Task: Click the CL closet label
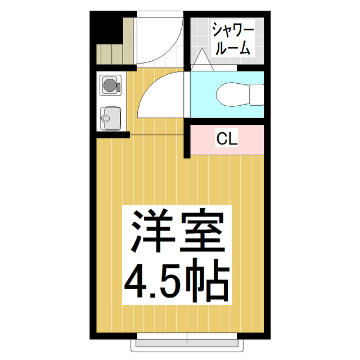(x=227, y=139)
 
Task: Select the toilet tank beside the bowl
(x=258, y=94)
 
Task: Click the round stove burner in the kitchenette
(x=110, y=85)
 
